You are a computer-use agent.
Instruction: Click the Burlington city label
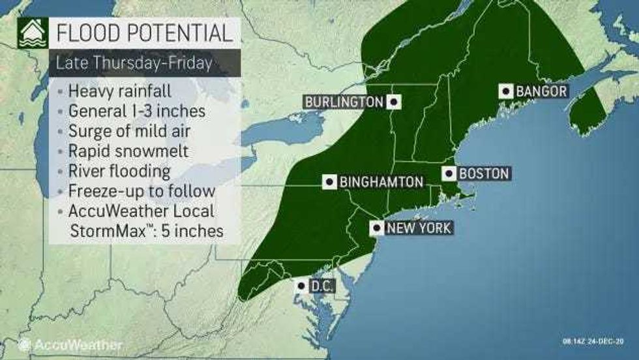pos(343,102)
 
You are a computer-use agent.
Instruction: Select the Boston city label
pos(483,173)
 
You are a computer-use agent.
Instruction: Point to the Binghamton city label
pos(381,182)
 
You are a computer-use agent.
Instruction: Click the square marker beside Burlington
pos(393,102)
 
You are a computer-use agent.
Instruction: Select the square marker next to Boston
pos(449,173)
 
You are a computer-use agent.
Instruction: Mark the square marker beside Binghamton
pos(330,182)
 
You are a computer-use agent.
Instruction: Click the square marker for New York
pos(377,228)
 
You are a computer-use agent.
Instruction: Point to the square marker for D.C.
pos(300,285)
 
